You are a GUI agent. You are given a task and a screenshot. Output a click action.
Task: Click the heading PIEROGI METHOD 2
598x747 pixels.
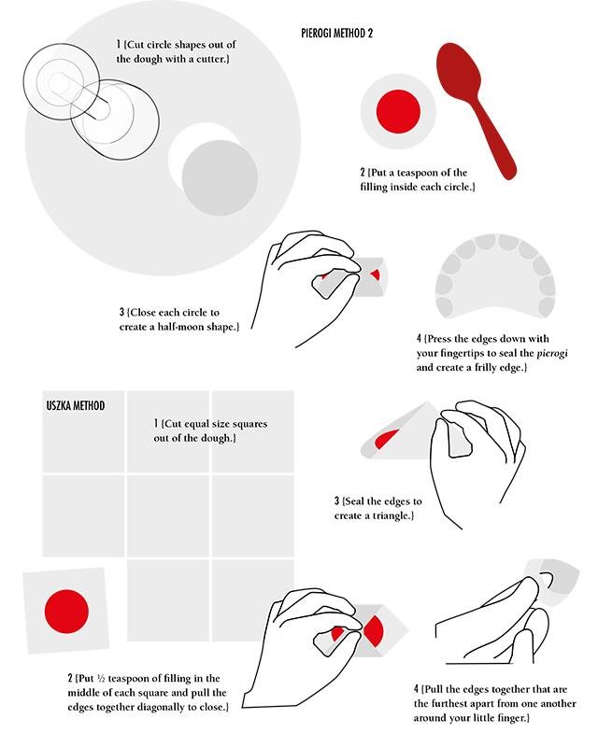336,33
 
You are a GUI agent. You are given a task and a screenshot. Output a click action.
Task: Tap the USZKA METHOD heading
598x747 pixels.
76,406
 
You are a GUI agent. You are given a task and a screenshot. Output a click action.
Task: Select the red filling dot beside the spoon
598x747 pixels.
398,111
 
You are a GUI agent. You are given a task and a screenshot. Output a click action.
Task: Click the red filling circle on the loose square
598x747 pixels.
66,612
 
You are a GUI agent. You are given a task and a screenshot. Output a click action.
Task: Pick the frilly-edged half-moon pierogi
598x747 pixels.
495,275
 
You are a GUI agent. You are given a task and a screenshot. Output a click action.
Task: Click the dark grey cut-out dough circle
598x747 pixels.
220,177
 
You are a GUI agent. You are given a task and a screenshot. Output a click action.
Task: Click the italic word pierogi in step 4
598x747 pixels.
552,354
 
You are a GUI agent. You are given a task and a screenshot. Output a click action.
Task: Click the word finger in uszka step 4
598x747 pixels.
513,718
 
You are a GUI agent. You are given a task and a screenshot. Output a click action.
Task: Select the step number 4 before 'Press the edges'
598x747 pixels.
419,339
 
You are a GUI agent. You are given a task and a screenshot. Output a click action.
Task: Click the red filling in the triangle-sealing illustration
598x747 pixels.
386,439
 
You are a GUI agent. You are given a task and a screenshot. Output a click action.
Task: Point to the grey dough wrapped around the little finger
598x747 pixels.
553,582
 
